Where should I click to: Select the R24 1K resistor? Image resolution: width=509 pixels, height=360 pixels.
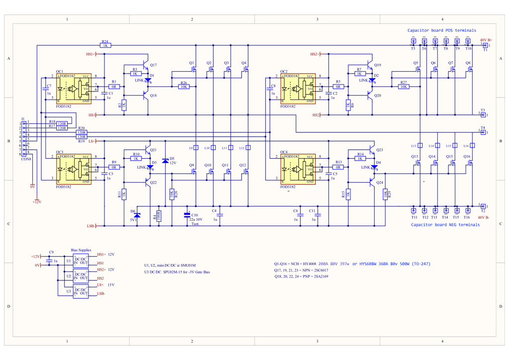[x=105, y=45]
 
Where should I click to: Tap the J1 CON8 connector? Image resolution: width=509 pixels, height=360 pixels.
[x=23, y=139]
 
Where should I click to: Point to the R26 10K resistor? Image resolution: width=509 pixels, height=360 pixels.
[x=184, y=87]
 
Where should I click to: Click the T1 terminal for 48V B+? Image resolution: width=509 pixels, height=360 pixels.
[x=485, y=45]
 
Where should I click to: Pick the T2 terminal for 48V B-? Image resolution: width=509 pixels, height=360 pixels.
[x=483, y=205]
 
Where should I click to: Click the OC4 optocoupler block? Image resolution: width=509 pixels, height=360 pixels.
[x=298, y=170]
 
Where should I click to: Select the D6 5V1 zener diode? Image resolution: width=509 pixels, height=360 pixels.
[x=138, y=215]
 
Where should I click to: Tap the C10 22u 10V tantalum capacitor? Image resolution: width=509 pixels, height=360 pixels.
[x=187, y=215]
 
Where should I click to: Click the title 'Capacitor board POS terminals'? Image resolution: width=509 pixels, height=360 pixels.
[x=441, y=30]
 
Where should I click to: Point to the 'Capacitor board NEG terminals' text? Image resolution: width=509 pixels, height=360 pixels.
[x=445, y=225]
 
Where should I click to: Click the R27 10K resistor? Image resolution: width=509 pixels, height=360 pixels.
[x=403, y=87]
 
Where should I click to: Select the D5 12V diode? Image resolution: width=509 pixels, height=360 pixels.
[x=166, y=160]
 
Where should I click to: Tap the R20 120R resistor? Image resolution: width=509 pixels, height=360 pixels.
[x=82, y=133]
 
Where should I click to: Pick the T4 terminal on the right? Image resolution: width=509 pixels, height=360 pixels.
[x=482, y=132]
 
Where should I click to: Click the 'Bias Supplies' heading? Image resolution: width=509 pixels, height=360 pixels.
[x=81, y=250]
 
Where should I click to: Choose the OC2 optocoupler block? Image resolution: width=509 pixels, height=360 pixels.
[x=298, y=89]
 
